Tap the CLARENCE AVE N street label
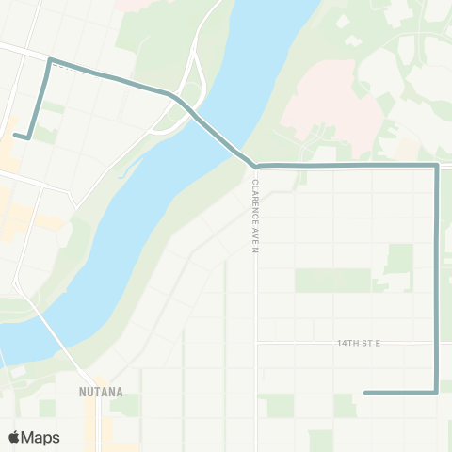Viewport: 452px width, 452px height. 254,218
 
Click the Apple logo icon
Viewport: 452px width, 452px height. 14,437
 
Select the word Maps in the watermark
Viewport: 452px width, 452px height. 40,437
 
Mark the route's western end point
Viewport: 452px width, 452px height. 16,137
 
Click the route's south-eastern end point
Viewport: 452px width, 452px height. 365,393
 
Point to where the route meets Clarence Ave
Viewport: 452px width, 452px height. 255,167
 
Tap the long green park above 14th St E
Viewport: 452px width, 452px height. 332,280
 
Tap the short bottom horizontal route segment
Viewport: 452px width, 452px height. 400,393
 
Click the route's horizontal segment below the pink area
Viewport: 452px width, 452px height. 348,166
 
